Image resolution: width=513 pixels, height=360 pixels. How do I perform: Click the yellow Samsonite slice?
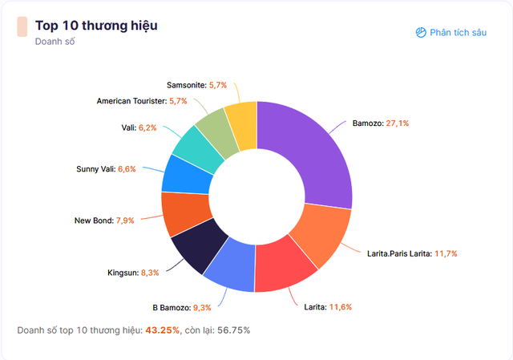coord(240,118)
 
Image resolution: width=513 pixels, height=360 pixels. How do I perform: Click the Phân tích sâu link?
coord(458,32)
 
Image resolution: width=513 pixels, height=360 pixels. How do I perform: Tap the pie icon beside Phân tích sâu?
coord(421,32)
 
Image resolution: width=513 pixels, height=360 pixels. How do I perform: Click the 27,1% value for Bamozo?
coord(399,124)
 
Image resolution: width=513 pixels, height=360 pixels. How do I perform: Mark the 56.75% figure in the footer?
coord(232,330)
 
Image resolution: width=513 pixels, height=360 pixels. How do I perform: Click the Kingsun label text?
coord(123,273)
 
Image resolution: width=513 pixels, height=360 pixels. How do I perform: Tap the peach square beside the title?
coord(22,26)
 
